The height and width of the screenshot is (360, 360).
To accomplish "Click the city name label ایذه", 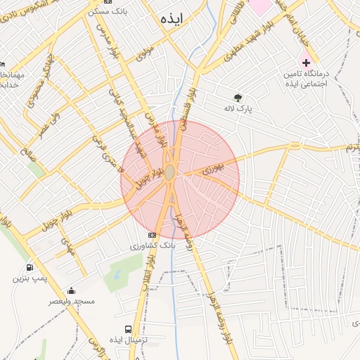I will coord(171,19).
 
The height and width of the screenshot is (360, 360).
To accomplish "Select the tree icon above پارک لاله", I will coord(237,98).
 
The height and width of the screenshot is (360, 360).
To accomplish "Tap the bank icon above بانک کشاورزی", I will coord(152,235).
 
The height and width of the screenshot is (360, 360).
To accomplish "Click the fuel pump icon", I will coord(29,267).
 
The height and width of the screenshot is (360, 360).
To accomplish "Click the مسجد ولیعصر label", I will coord(71,301).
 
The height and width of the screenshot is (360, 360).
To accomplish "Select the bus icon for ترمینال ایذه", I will coord(128,329).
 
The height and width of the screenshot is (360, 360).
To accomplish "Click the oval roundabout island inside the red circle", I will coord(170,172).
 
